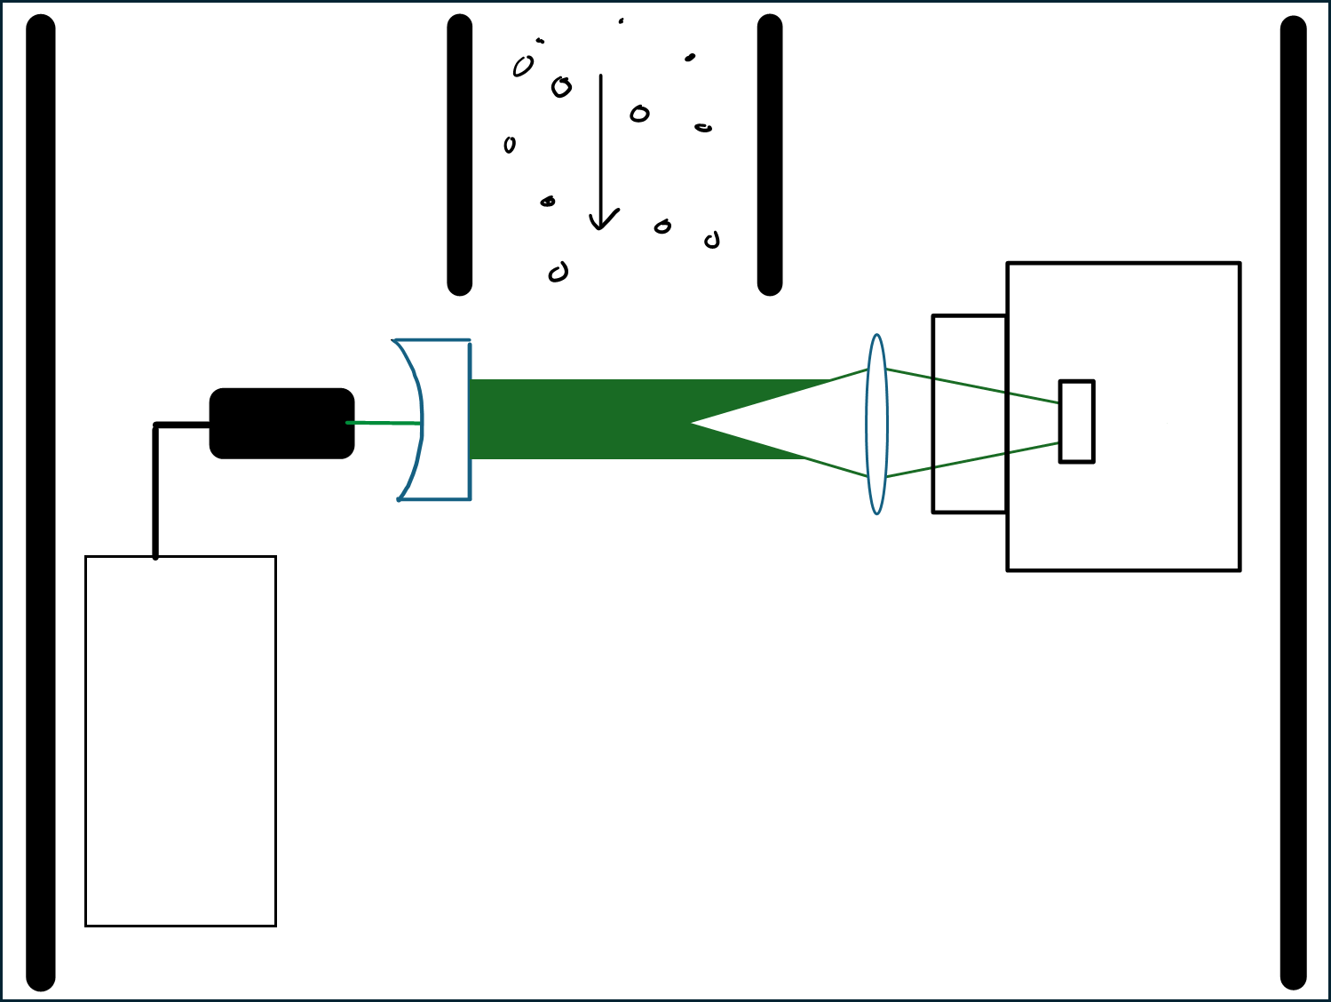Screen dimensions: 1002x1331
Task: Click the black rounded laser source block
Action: (x=281, y=424)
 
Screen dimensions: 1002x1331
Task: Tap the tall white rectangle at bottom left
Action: (x=180, y=741)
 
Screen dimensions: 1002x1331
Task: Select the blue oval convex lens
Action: (x=876, y=425)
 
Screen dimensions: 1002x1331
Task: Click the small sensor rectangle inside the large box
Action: (x=1076, y=421)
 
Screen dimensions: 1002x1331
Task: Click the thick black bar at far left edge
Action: (x=41, y=503)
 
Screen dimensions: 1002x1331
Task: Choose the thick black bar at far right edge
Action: (x=1293, y=503)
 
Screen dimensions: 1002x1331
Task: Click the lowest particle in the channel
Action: (x=558, y=273)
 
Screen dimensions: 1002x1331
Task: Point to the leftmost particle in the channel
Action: (x=510, y=145)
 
